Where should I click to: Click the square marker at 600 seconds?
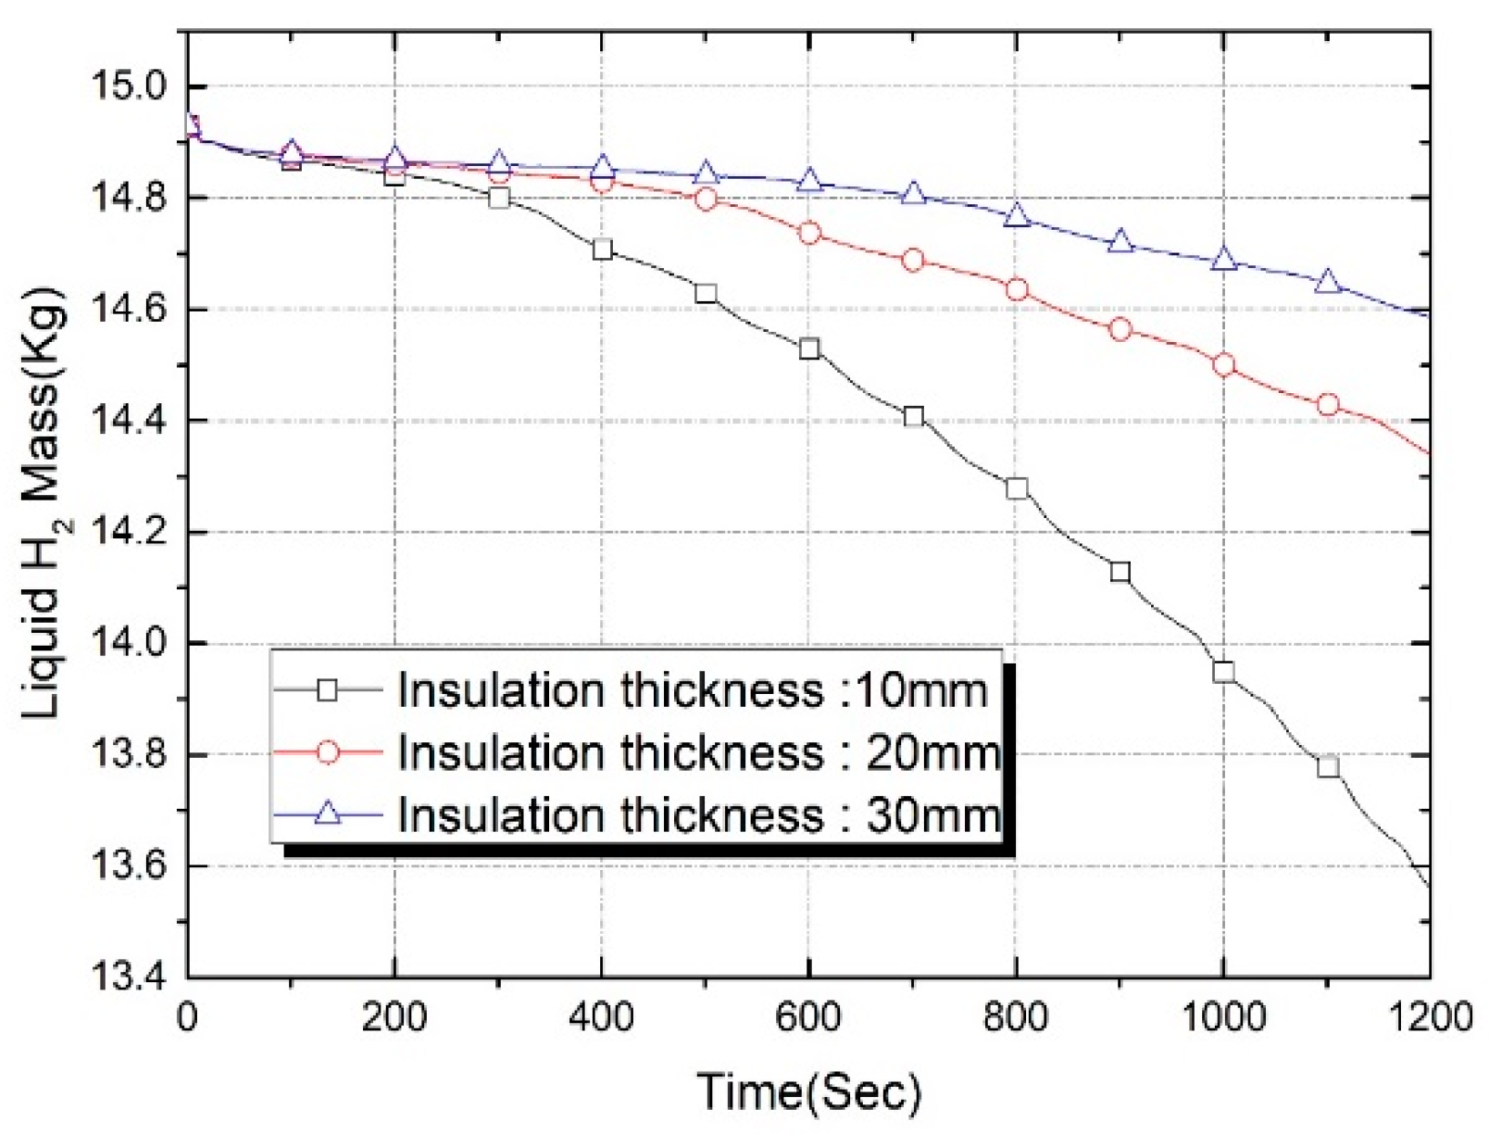point(809,348)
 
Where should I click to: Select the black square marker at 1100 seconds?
point(1328,766)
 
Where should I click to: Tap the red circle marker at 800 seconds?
point(1017,290)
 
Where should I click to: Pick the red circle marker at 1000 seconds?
point(1224,365)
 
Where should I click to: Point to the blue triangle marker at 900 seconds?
point(1121,242)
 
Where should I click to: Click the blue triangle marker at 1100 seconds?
point(1328,282)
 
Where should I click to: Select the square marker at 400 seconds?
point(602,249)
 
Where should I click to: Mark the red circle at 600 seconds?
point(809,233)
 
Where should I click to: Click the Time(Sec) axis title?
point(809,1091)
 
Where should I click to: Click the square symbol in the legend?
point(327,690)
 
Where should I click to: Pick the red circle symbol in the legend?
point(327,752)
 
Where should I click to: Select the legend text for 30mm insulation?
point(699,814)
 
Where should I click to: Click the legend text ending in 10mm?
point(693,690)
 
